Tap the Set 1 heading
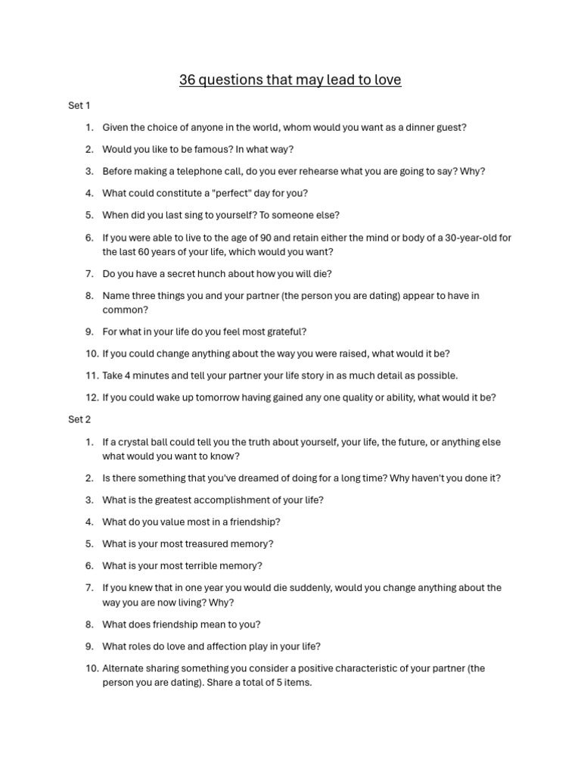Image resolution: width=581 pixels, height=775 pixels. (x=79, y=106)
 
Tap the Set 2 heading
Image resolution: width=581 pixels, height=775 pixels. (x=79, y=419)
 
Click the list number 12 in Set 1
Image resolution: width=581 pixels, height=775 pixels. (x=92, y=397)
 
